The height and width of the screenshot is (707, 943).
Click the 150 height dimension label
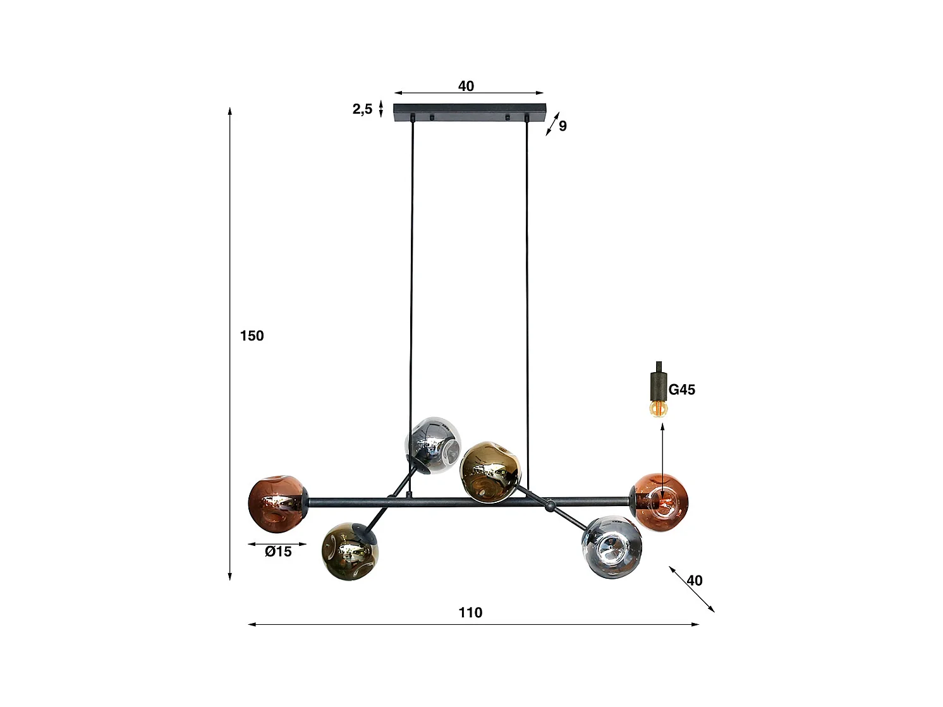coord(252,335)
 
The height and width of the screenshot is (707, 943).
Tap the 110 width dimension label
coord(470,612)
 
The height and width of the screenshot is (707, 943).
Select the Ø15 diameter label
coord(278,552)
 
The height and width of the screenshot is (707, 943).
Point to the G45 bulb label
coord(681,390)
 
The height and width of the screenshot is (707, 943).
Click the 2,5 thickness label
coord(362,109)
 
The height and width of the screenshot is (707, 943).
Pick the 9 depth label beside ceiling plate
coord(563,126)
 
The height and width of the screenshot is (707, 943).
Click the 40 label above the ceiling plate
coord(466,86)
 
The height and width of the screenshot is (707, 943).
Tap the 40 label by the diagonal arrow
coord(694,580)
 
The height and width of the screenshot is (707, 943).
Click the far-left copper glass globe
coord(276,503)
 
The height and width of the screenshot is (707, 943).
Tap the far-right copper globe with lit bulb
coord(660,502)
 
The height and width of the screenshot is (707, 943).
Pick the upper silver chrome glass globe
coord(433,445)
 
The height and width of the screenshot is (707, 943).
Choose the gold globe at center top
coord(490,472)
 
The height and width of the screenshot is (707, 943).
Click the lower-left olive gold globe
coord(350,552)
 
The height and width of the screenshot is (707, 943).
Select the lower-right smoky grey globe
coord(612,547)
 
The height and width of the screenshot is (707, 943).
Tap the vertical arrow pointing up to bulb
coord(662,455)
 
